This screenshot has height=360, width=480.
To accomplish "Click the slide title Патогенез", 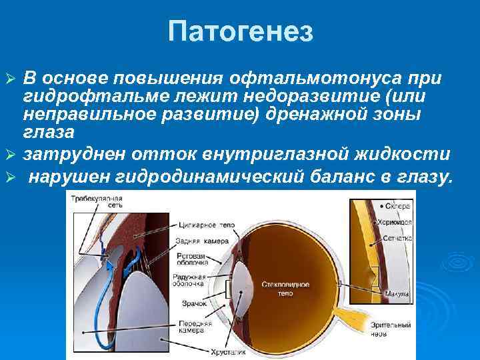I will (x=240, y=31).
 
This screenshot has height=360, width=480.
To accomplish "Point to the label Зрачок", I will (x=194, y=303).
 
